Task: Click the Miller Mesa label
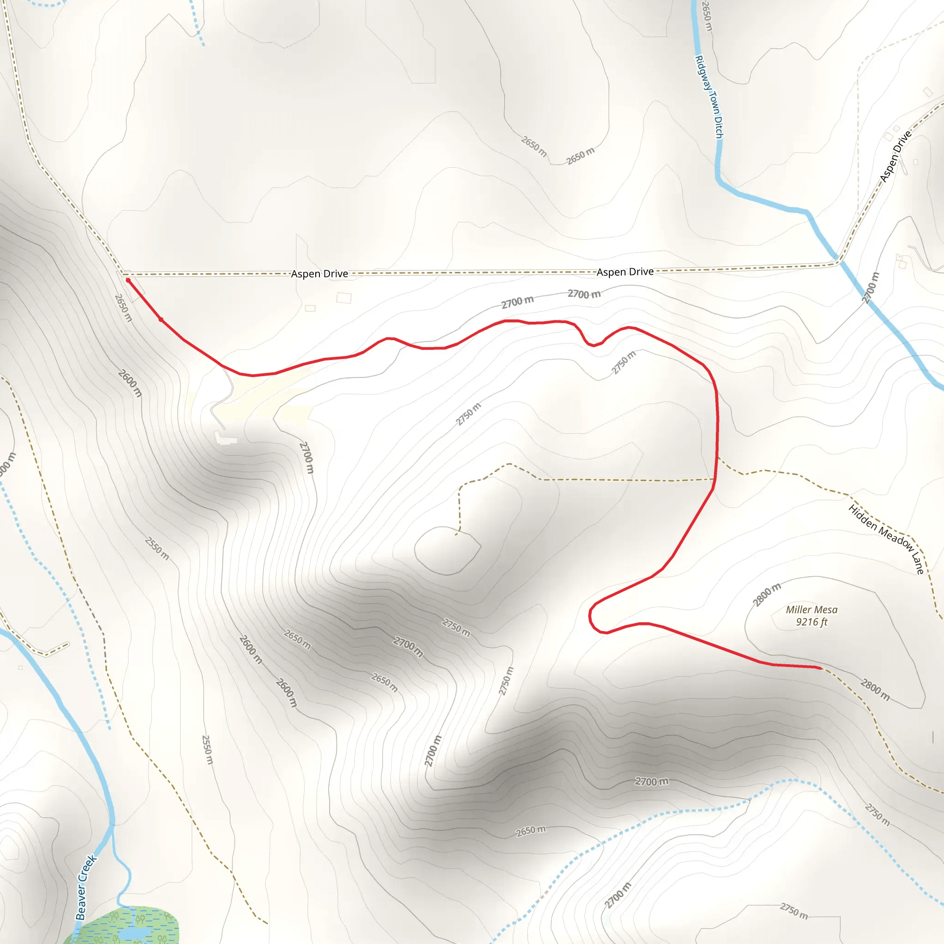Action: pyautogui.click(x=812, y=610)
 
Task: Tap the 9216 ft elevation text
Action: pyautogui.click(x=812, y=622)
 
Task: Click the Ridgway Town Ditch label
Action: pyautogui.click(x=709, y=97)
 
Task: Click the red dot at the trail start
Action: pyautogui.click(x=128, y=280)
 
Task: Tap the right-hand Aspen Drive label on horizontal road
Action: pyautogui.click(x=625, y=271)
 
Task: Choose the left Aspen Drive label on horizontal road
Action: pyautogui.click(x=319, y=274)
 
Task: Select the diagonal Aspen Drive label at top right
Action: pyautogui.click(x=895, y=156)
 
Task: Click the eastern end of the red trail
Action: pyautogui.click(x=821, y=667)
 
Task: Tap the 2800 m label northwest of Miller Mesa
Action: pyautogui.click(x=767, y=594)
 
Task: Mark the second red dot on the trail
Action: pyautogui.click(x=161, y=319)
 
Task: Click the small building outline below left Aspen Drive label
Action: pyautogui.click(x=344, y=298)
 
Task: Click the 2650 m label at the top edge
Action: pyautogui.click(x=707, y=16)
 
